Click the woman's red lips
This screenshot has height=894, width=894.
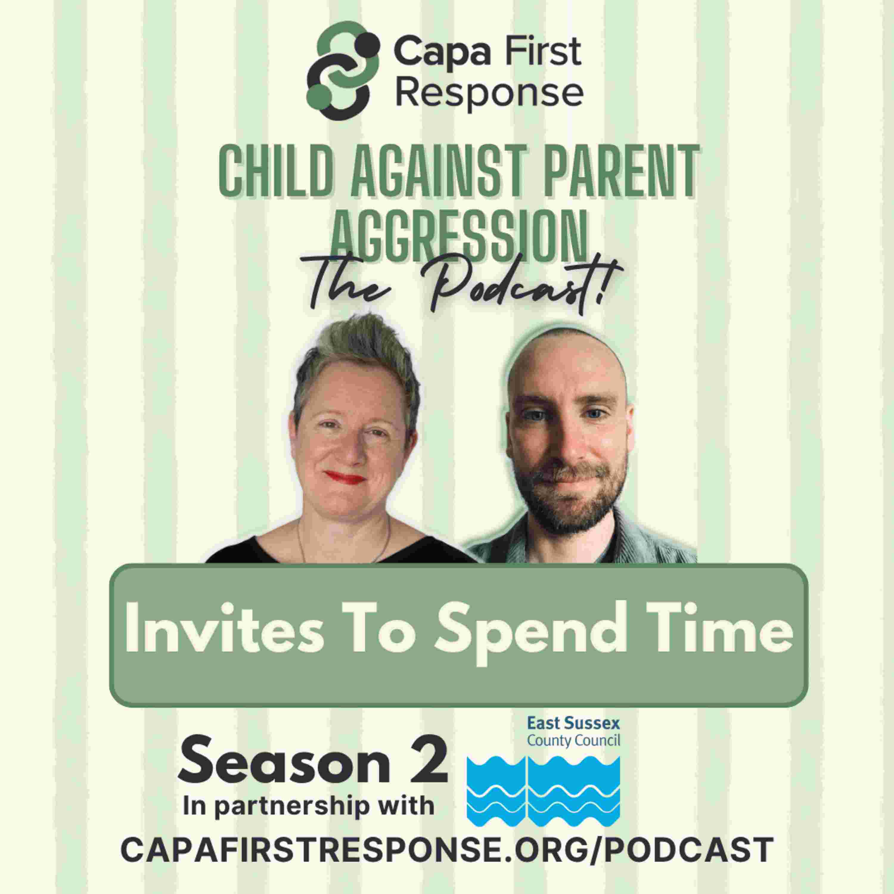[x=344, y=477]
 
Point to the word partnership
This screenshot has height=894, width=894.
[x=291, y=807]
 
